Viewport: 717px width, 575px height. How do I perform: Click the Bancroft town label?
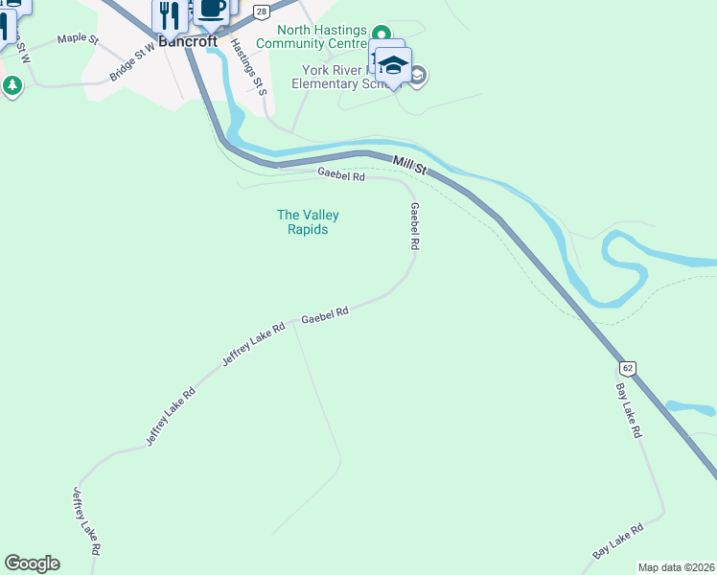188,42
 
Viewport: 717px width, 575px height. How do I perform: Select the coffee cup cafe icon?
212,10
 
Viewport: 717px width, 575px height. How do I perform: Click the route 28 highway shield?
261,11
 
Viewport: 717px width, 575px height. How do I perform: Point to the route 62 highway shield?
627,368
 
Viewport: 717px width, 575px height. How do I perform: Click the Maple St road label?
78,38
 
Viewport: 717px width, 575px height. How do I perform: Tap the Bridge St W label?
132,63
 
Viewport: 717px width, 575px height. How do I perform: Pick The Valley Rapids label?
308,222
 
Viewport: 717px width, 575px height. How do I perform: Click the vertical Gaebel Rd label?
415,227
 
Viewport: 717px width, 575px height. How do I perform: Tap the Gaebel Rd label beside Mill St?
341,175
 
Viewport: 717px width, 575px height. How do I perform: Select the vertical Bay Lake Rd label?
628,411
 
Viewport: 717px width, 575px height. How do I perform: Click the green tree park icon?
12,86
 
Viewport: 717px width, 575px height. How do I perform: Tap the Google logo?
32,563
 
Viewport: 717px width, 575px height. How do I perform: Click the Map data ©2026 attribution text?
676,567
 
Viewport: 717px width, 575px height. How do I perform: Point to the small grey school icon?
418,75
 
